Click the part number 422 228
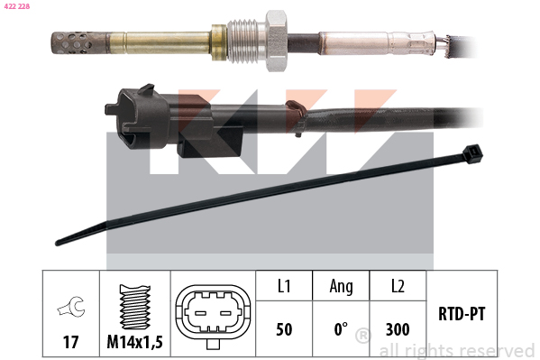[17, 6]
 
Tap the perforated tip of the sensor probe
[79, 42]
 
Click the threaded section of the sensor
[246, 41]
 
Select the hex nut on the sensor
[276, 41]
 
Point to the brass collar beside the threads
[219, 42]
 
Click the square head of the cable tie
[472, 154]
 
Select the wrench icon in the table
[70, 306]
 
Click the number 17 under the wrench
[70, 342]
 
